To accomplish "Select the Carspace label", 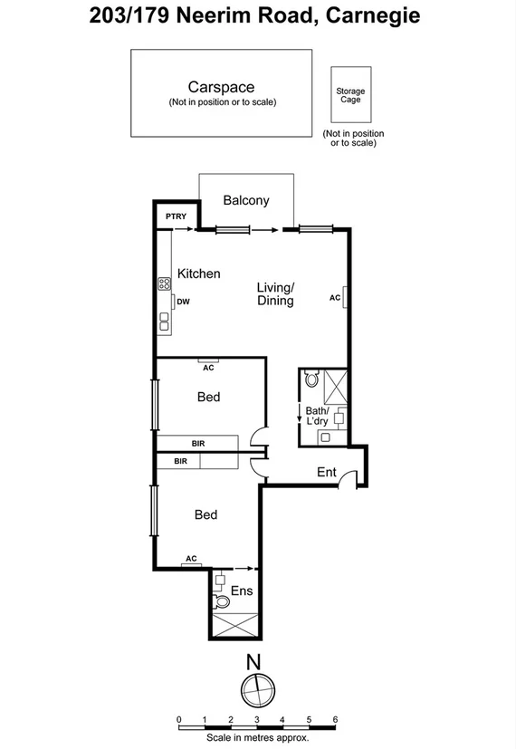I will coord(221,87).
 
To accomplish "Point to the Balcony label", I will coord(245,200).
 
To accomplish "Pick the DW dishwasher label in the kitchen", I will coord(183,302).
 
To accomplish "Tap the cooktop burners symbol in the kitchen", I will coord(166,283).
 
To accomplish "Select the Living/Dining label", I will coord(275,294).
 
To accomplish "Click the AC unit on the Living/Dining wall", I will coord(345,297).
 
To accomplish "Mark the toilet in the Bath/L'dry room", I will coord(312,380).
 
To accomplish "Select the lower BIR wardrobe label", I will coord(180,461).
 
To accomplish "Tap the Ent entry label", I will coord(326,472).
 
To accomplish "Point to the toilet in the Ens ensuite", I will coord(220,600).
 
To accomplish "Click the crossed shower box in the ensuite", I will coord(234,624).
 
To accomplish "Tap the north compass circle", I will coord(257,689).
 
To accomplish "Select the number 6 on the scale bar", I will coord(335,719).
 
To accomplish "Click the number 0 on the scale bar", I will coord(179,719).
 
